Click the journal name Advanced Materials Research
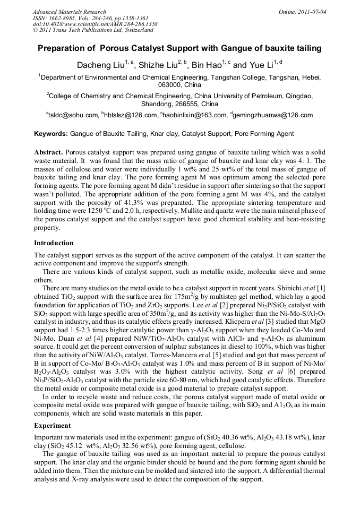(x=69, y=12)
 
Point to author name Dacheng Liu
(x=100, y=65)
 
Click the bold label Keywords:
(x=51, y=134)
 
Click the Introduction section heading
(x=54, y=243)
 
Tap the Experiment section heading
(x=52, y=425)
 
